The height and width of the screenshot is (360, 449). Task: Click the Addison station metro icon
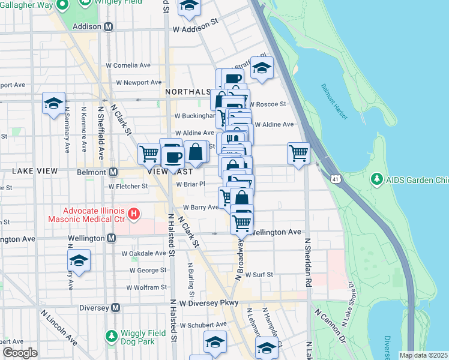pos(109,27)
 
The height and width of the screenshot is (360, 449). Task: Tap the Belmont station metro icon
pos(112,172)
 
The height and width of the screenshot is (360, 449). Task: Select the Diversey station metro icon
pos(117,308)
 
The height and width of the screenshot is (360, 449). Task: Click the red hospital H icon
pos(134,213)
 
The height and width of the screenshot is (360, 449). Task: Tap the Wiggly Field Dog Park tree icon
pos(110,335)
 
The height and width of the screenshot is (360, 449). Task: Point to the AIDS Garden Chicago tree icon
pos(377,178)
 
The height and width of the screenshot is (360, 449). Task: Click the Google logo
pos(20,353)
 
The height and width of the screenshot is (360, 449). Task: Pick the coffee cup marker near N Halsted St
pos(173,157)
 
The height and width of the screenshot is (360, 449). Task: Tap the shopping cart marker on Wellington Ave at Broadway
pos(241,223)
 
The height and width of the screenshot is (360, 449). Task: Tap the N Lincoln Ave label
pos(59,327)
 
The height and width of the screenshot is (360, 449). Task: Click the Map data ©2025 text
pos(423,355)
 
